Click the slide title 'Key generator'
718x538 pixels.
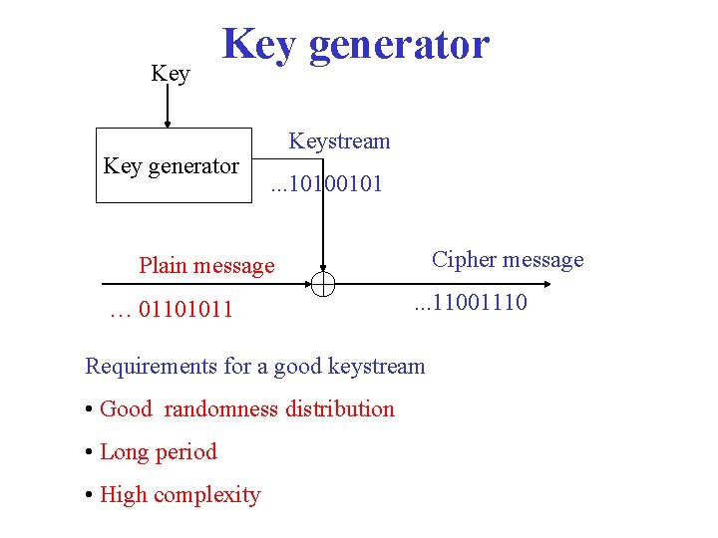coord(356,44)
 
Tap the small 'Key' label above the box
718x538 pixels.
coord(170,74)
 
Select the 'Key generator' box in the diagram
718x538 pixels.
coord(174,165)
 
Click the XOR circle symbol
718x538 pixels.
coord(323,284)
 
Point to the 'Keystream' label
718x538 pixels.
coord(339,140)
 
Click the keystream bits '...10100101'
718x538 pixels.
coord(327,184)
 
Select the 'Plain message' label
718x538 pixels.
coord(206,265)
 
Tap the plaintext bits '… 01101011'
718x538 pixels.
coord(172,310)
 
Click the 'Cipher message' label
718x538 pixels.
coord(508,260)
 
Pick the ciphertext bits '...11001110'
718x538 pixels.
coord(472,302)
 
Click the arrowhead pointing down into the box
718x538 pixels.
coord(168,124)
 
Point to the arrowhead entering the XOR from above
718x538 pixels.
coord(323,268)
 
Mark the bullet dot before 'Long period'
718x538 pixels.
coord(90,452)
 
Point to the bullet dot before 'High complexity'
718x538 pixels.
coord(90,495)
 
